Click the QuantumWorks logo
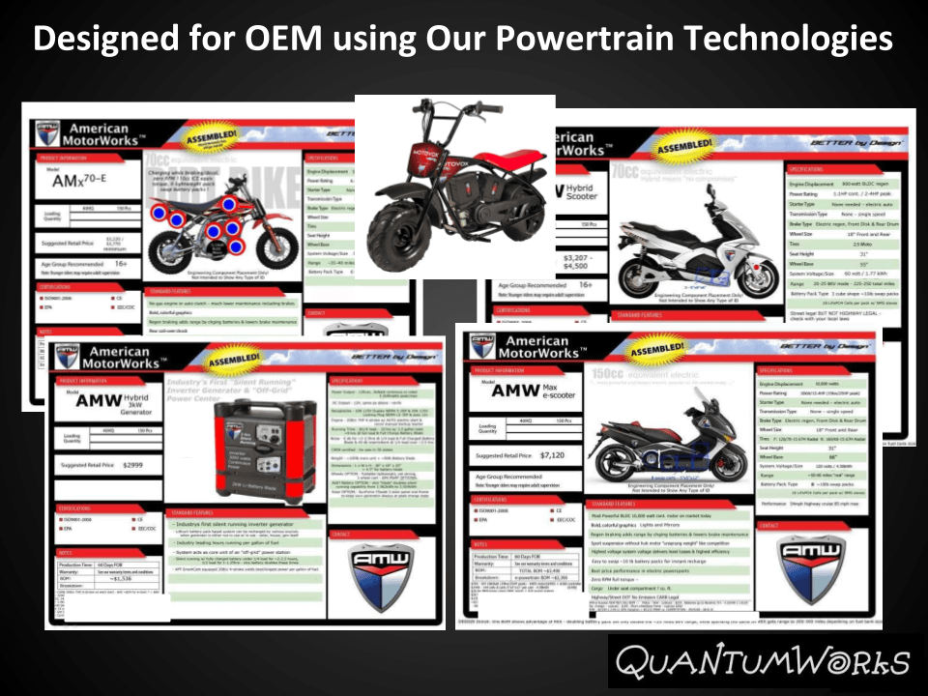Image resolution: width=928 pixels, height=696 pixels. coord(763,663)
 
